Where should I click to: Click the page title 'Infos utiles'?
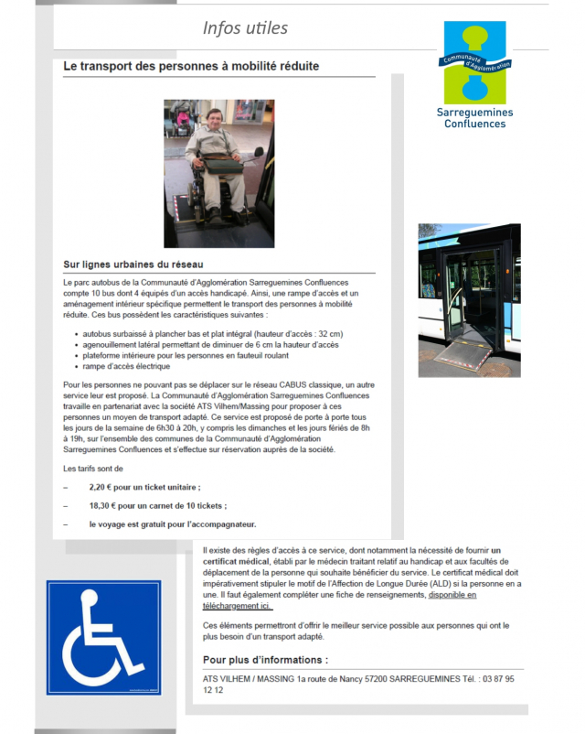click(245, 28)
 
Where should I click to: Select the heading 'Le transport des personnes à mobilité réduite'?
click(192, 67)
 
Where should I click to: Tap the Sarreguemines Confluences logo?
click(474, 74)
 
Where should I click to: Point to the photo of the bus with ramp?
click(469, 300)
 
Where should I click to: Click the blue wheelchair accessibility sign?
click(103, 638)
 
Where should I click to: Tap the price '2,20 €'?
click(105, 488)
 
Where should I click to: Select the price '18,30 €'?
click(107, 506)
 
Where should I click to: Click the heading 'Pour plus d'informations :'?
click(265, 659)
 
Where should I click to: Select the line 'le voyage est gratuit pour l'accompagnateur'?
click(173, 524)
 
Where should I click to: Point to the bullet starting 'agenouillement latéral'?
click(210, 345)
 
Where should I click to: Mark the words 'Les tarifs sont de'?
click(93, 469)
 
